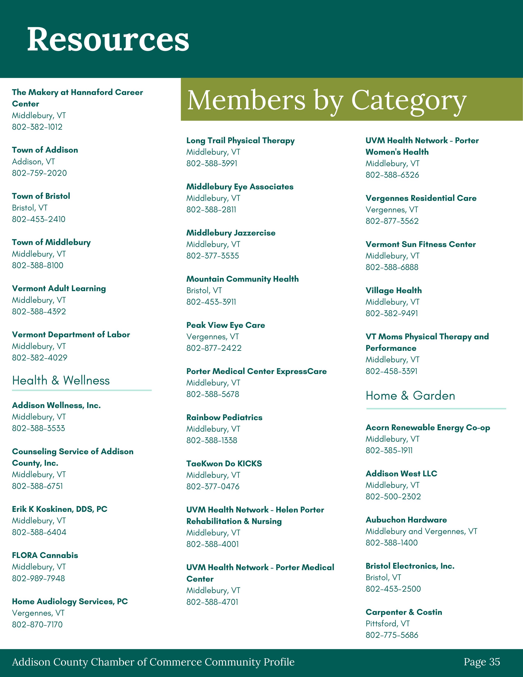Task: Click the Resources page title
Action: click(x=108, y=39)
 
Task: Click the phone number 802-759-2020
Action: click(x=39, y=173)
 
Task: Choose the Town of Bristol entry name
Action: click(x=41, y=196)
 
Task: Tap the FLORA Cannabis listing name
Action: click(x=45, y=555)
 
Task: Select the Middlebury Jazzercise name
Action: click(x=231, y=233)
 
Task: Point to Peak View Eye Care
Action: click(x=226, y=325)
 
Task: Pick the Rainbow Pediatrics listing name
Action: click(x=224, y=417)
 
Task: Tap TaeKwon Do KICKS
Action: click(x=224, y=463)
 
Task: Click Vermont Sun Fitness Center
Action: click(x=420, y=244)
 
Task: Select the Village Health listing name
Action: click(x=394, y=290)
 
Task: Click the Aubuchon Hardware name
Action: click(x=406, y=520)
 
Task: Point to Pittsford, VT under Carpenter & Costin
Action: click(x=388, y=623)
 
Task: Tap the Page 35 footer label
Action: click(x=482, y=662)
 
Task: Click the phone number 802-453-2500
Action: click(x=393, y=589)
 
